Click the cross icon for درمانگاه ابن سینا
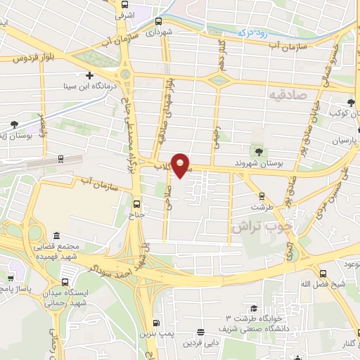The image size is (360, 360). click(89, 75)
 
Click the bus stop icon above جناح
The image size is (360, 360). click(137, 205)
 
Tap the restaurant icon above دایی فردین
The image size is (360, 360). click(201, 332)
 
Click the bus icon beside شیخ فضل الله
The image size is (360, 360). click(323, 274)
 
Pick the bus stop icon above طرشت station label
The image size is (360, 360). click(262, 196)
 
